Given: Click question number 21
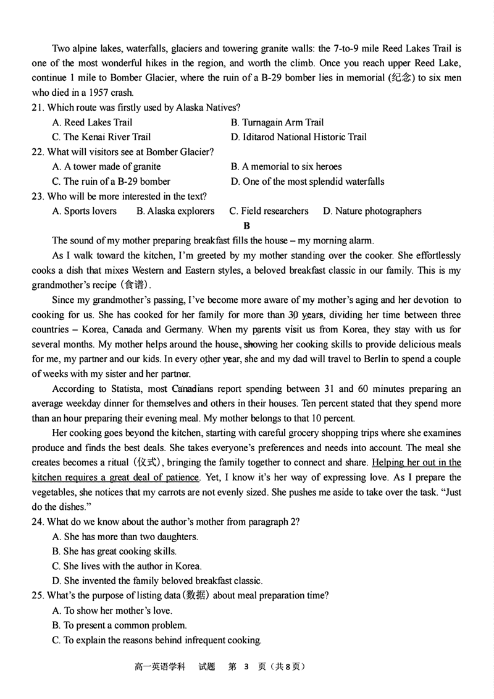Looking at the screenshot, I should [38, 108].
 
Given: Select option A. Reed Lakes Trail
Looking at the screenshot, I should [92, 122].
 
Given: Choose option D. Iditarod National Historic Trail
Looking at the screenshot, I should [298, 137].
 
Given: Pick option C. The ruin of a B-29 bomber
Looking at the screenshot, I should [111, 181].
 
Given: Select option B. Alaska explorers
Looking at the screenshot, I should [175, 211].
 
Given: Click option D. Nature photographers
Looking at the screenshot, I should [372, 211].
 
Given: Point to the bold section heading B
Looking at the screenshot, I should [247, 226].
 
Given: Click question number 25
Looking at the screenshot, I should [38, 596].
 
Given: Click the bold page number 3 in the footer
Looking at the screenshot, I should [246, 667].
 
